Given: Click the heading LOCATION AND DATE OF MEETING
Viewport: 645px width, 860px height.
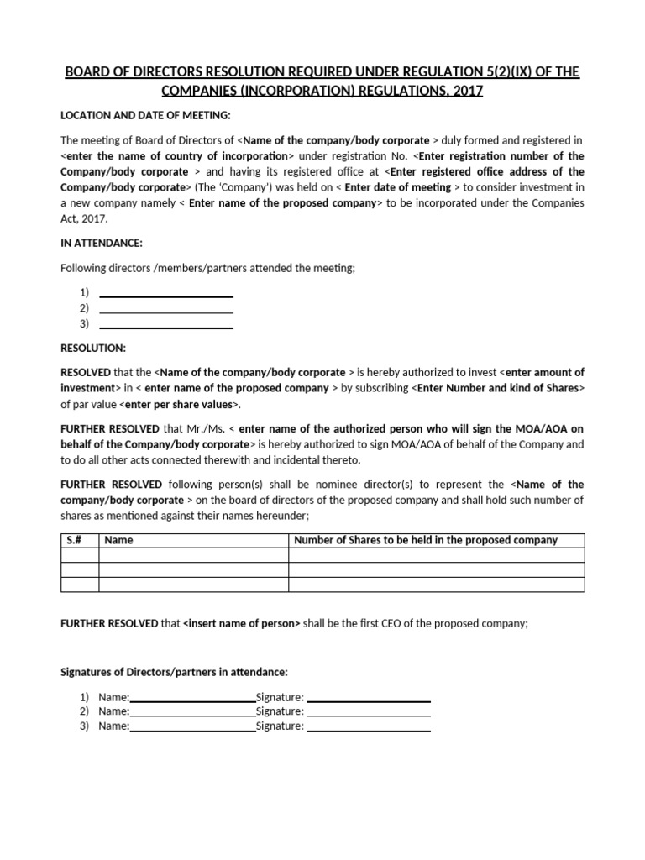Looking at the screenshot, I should (145, 115).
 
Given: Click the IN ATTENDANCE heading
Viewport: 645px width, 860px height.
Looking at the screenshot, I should (102, 243).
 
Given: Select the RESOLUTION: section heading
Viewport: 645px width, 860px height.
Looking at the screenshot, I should (93, 347).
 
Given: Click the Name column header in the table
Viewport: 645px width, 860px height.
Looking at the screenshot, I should (118, 540).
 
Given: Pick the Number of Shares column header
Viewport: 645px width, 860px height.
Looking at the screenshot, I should (425, 540).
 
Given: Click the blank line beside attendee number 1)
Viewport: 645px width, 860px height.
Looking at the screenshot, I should (165, 294).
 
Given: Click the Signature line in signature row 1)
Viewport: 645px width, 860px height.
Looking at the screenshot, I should (369, 698).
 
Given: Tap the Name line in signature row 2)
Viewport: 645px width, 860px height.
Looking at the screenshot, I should (192, 713).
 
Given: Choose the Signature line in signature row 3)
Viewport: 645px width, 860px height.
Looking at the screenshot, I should (369, 727).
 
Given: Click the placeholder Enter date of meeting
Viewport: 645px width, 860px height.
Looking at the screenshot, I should (400, 187).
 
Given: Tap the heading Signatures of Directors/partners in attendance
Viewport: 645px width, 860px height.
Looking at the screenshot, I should (175, 672).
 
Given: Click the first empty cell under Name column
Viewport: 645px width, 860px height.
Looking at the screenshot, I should (193, 554).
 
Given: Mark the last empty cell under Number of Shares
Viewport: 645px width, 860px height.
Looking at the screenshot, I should (436, 585).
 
